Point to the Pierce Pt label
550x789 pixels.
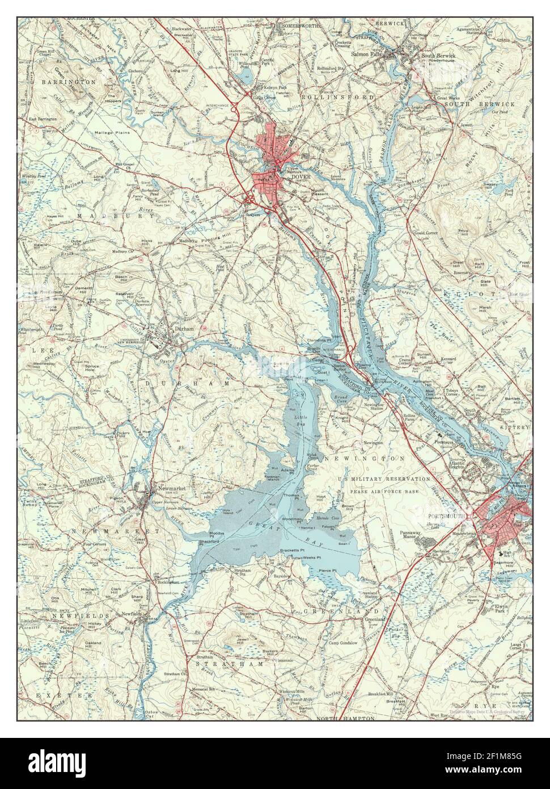pos(327,570)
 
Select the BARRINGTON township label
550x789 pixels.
pos(68,82)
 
